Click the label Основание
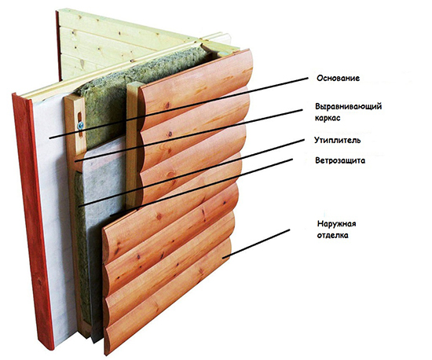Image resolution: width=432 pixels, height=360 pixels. pos(338,79)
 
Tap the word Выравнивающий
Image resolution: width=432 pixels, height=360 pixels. pos(349,106)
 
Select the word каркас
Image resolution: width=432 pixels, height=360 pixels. pos(328,118)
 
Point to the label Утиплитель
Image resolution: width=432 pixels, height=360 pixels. pos(338,141)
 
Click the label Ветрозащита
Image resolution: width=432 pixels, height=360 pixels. pos(340,160)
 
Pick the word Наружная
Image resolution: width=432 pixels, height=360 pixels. pos(336,223)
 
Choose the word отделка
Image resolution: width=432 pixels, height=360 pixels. pos(332,235)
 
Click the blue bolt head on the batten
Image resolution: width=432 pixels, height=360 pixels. pos(80,126)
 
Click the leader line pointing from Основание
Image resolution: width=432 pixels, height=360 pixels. pos(178,108)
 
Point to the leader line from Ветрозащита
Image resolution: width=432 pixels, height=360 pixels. pos(201,187)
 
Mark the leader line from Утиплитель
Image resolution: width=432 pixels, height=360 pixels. pos(191,173)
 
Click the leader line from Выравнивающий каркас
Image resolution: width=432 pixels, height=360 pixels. pos(189,135)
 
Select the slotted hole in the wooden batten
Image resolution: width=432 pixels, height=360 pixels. pos(80,125)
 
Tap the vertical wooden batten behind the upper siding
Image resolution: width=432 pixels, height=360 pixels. pos(133,143)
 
